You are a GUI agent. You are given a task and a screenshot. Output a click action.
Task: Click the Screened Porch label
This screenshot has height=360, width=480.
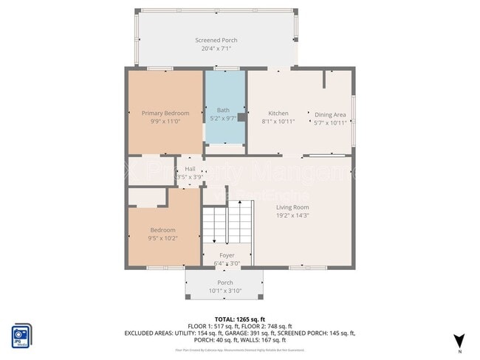(216, 40)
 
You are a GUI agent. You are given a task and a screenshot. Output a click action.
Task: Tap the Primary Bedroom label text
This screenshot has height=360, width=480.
(165, 113)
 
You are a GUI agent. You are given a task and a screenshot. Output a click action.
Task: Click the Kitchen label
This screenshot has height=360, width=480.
(278, 113)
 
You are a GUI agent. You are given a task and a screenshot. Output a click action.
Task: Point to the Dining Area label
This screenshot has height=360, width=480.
(330, 114)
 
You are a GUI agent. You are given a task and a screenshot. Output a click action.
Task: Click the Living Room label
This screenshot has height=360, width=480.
(292, 207)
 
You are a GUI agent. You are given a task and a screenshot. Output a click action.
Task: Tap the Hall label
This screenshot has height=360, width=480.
(190, 169)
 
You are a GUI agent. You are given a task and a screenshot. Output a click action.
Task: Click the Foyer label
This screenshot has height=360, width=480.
(226, 255)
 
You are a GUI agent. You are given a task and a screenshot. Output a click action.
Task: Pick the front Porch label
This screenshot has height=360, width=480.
(225, 283)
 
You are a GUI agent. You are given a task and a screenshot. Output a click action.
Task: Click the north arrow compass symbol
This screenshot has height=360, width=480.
(459, 340)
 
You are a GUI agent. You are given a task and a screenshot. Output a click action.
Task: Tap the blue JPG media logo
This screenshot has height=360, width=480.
(21, 334)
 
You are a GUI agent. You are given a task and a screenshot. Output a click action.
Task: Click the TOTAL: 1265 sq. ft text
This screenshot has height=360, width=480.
(239, 318)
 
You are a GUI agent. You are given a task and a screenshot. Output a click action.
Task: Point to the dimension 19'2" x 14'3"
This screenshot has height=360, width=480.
(292, 215)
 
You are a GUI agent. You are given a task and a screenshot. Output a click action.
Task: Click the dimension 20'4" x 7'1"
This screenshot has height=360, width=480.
(216, 49)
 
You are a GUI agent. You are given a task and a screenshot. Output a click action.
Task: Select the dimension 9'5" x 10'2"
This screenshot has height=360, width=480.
(163, 238)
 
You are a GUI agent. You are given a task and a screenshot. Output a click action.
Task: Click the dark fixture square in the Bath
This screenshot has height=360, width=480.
(241, 116)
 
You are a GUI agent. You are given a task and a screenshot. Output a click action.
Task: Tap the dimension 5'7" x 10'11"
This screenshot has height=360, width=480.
(330, 122)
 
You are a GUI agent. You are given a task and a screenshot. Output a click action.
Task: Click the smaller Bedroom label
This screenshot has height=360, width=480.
(163, 230)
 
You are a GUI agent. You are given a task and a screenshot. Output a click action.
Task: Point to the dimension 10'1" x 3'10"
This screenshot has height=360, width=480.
(225, 291)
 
